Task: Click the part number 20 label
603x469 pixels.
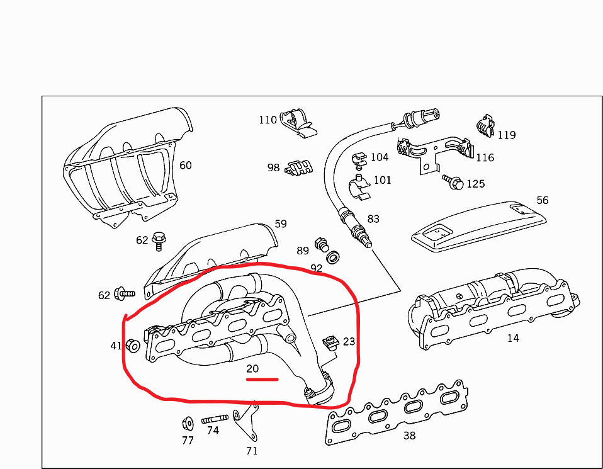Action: pyautogui.click(x=252, y=368)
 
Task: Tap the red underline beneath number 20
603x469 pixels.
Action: pyautogui.click(x=262, y=380)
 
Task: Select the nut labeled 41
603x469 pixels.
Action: pyautogui.click(x=133, y=346)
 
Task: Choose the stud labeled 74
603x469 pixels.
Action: pyautogui.click(x=215, y=419)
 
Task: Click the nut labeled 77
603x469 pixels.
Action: pyautogui.click(x=188, y=424)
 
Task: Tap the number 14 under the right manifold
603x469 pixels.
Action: pyautogui.click(x=513, y=338)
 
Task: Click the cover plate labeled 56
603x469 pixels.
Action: pyautogui.click(x=479, y=227)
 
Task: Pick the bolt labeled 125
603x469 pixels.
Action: pyautogui.click(x=453, y=182)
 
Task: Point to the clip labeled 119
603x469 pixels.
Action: pyautogui.click(x=485, y=125)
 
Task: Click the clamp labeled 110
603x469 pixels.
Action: pyautogui.click(x=298, y=121)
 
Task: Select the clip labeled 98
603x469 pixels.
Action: pyautogui.click(x=299, y=167)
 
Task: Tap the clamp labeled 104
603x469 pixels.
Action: pyautogui.click(x=359, y=161)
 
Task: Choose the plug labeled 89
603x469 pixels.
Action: pyautogui.click(x=322, y=244)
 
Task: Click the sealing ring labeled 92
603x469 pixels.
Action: pyautogui.click(x=332, y=257)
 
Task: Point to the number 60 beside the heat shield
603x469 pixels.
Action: pyautogui.click(x=185, y=165)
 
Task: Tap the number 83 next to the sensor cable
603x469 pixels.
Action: pyautogui.click(x=373, y=219)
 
